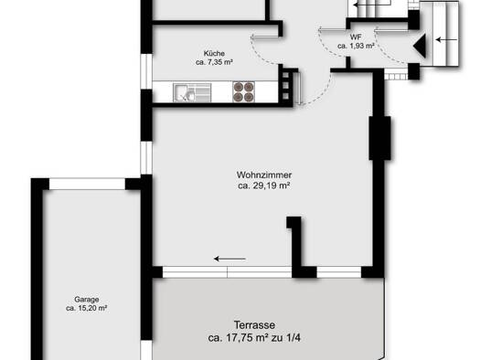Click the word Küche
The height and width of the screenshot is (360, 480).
click(x=214, y=54)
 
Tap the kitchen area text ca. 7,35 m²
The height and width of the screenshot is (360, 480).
click(x=214, y=62)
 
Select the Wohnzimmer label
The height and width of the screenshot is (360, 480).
click(x=264, y=175)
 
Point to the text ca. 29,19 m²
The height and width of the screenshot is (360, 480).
click(x=264, y=185)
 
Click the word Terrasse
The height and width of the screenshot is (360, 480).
click(x=254, y=325)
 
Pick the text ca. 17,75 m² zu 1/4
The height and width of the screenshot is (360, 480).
click(x=254, y=338)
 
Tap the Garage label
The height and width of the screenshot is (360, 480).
click(x=87, y=300)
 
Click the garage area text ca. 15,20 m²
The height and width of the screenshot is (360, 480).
click(x=87, y=308)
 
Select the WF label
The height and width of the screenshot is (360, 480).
click(x=356, y=37)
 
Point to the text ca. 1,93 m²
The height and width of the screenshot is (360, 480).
click(x=356, y=46)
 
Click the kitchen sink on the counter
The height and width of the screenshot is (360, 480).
click(x=192, y=92)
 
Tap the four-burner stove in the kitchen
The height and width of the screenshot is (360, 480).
click(x=244, y=91)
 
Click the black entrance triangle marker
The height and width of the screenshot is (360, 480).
click(x=420, y=46)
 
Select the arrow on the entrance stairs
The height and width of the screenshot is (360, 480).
click(x=447, y=40)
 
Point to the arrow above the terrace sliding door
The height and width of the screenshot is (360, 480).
click(x=229, y=259)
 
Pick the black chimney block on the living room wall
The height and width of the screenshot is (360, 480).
click(x=380, y=138)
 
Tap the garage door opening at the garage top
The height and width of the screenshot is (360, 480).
click(x=87, y=185)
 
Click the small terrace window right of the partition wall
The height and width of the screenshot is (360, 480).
click(x=339, y=272)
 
